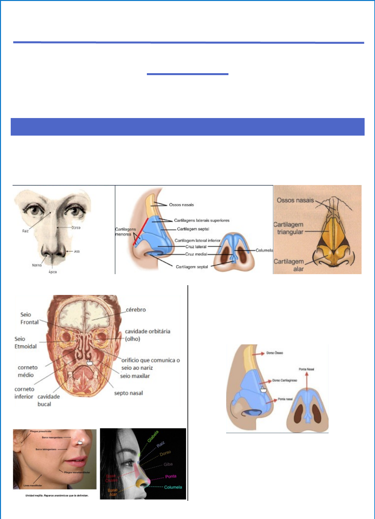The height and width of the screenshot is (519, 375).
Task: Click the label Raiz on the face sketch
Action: pos(25,231)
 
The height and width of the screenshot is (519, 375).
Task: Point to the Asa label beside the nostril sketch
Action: pos(77,251)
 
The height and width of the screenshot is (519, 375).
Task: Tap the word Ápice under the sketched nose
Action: pos(53,272)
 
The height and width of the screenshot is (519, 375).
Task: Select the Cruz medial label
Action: pos(196,254)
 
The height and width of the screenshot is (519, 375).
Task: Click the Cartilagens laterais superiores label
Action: pos(201,220)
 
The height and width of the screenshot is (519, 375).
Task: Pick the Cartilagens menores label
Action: pos(125,232)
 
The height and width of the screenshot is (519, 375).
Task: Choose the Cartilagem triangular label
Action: pos(289,228)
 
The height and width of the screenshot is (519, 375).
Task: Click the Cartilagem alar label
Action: pos(289,265)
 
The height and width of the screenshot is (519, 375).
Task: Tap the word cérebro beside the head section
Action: pos(136,310)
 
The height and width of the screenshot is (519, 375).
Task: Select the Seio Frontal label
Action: pos(29,318)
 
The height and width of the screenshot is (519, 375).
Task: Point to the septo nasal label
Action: pos(128,393)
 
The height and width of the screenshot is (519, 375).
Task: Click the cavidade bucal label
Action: pos(48,400)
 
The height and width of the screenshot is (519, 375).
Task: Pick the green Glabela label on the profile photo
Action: pos(153,436)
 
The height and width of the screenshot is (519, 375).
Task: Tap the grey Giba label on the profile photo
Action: pos(168,464)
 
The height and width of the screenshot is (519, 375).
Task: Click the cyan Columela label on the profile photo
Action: pos(173,487)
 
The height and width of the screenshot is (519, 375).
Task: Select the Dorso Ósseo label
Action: pos(275,353)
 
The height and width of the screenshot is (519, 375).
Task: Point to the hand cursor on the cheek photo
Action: pos(80,442)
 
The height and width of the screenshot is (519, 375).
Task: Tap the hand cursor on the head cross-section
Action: pos(90,362)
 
